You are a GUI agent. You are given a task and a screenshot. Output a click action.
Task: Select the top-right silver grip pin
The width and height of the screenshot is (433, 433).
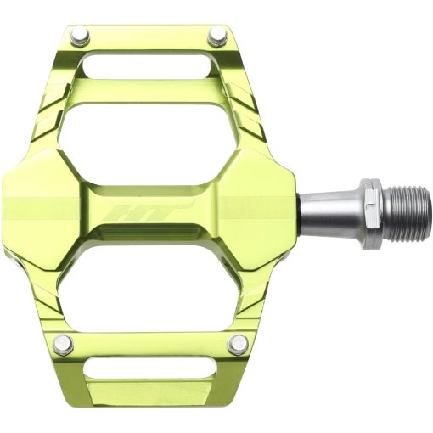(x=218, y=36)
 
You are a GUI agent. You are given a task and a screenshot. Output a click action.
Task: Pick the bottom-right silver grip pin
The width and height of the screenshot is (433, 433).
(x=239, y=343)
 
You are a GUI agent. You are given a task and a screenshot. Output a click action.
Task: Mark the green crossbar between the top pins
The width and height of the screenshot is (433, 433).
(x=149, y=38)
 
